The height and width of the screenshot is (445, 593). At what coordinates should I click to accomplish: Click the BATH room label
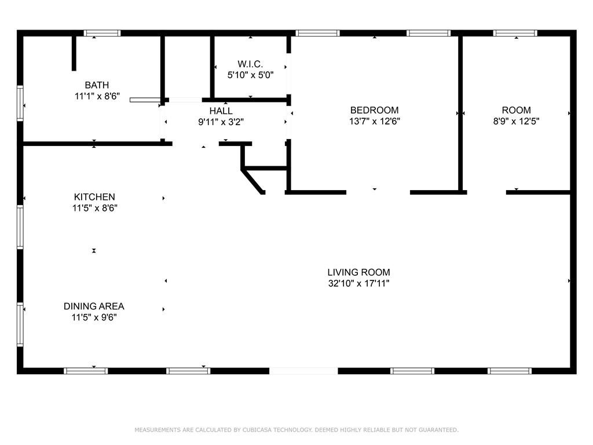[x=97, y=85]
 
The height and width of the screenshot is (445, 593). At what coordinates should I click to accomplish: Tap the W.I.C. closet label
[x=250, y=64]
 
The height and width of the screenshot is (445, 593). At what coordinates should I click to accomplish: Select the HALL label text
[x=221, y=111]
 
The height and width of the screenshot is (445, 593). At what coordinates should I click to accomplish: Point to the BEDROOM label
[x=375, y=110]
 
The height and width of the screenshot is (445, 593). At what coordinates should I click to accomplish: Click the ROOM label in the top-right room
[x=516, y=110]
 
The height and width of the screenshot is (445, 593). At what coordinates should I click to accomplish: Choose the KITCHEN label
[x=94, y=197]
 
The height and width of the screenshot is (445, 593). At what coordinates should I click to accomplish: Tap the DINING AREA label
[x=94, y=306]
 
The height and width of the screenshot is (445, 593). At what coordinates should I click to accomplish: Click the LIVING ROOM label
[x=358, y=272]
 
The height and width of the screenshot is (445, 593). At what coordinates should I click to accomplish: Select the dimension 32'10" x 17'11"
[x=358, y=284]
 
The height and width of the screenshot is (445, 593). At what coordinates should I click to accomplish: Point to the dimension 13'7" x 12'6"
[x=375, y=122]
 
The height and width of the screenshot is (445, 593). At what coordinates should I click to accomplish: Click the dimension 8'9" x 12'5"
[x=516, y=122]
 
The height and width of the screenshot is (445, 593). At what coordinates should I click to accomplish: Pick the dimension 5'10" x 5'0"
[x=250, y=75]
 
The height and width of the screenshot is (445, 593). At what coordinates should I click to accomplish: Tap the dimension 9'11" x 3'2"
[x=221, y=122]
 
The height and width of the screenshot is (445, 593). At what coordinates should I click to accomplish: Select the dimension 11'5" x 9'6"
[x=94, y=318]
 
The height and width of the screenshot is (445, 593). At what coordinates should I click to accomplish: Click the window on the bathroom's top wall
[x=103, y=33]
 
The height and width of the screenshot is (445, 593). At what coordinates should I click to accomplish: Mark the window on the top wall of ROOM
[x=515, y=33]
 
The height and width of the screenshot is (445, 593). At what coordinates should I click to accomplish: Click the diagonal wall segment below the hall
[x=254, y=181]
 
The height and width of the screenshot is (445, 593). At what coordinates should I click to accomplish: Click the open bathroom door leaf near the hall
[x=144, y=100]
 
